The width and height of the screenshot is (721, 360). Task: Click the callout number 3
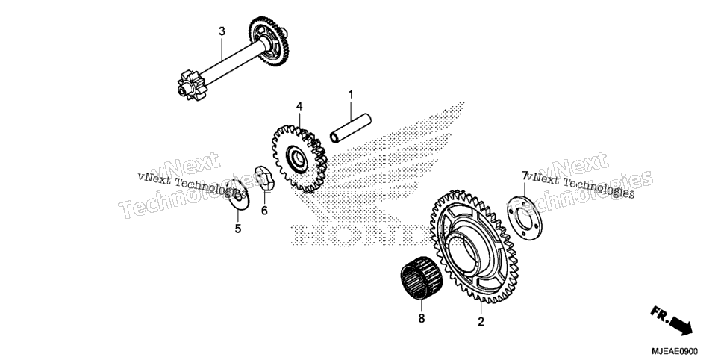[x=222, y=31]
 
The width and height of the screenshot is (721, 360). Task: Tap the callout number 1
[x=351, y=95]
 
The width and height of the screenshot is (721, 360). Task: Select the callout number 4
[x=299, y=106]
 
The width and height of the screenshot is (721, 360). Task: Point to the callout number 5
[x=238, y=229]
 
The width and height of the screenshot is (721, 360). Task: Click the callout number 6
[x=264, y=211]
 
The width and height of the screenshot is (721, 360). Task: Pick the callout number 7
[x=524, y=176]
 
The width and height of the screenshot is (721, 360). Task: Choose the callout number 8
[x=422, y=318]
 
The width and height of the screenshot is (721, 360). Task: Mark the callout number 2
[x=481, y=322]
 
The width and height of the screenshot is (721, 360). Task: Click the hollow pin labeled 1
[x=350, y=128]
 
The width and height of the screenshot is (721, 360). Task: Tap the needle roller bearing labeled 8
[x=421, y=278]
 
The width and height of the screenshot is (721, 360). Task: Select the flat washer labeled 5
[x=240, y=196]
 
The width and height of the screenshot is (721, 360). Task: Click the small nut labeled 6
[x=264, y=178]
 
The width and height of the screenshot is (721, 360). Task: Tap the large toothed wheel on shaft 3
[x=269, y=41]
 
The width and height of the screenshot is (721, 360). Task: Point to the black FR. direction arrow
[x=672, y=320]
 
